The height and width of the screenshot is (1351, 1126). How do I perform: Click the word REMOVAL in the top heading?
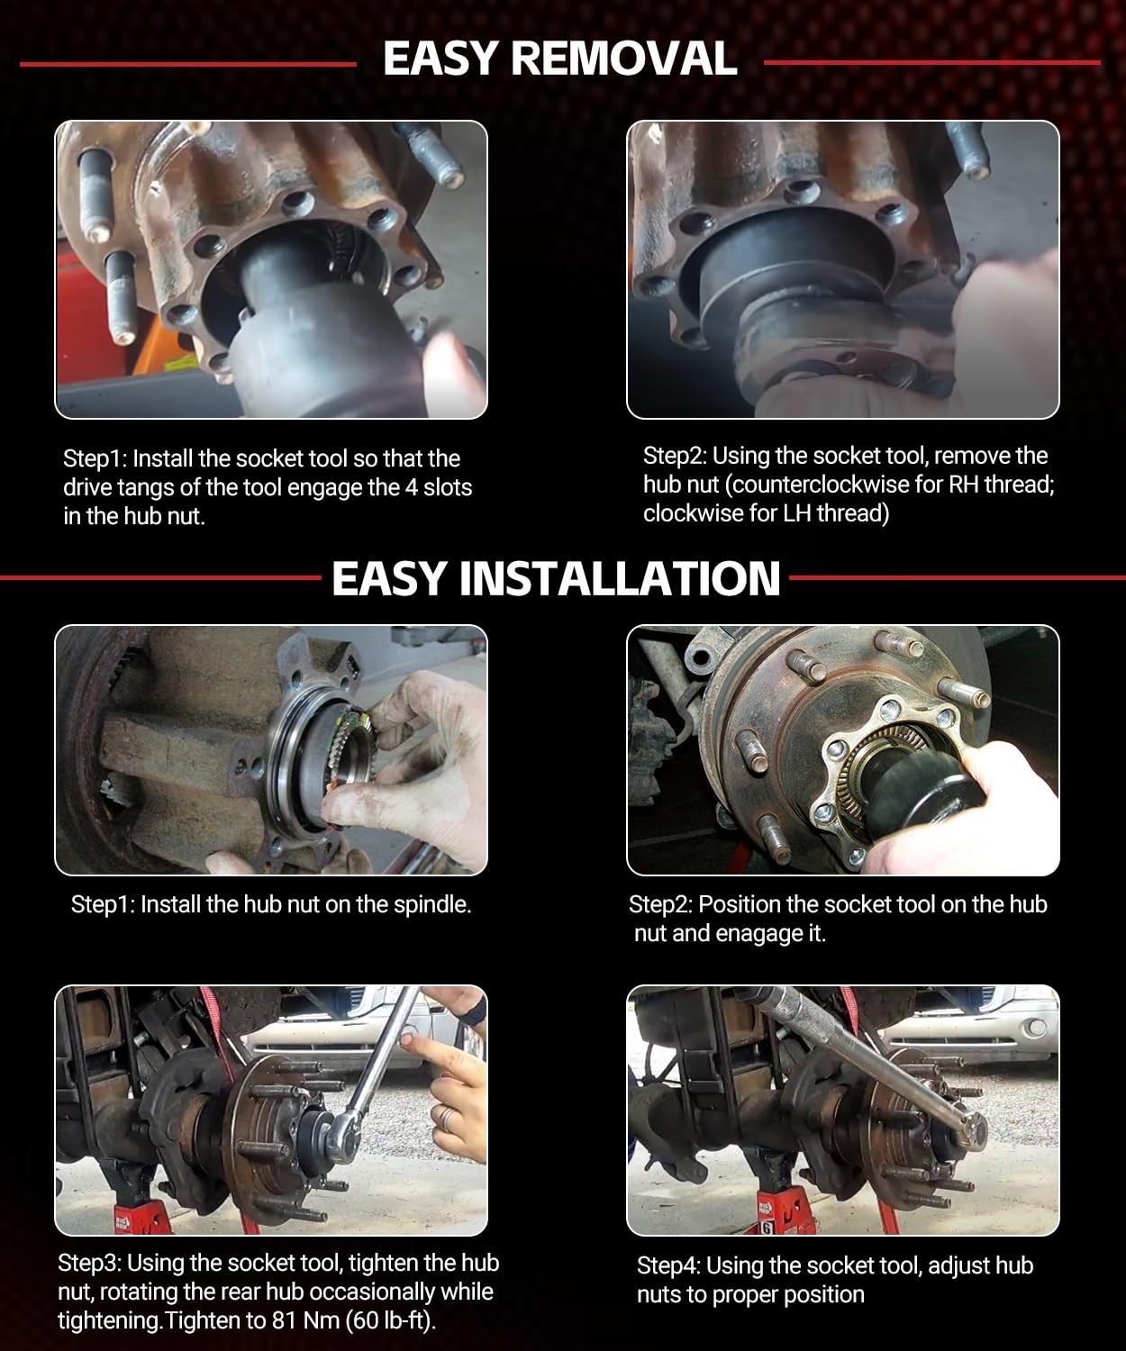coord(624,59)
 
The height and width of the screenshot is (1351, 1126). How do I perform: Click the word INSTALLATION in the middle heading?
coord(621,578)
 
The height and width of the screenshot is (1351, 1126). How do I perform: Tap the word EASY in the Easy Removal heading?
coord(440,59)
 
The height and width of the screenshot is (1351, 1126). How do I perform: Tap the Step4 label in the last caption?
coord(671,1265)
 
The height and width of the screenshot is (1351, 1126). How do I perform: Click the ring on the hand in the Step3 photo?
coord(447,1118)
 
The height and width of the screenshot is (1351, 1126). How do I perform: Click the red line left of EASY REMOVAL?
coord(187,64)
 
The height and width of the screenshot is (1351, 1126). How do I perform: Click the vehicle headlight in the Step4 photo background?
coord(1036,1026)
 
